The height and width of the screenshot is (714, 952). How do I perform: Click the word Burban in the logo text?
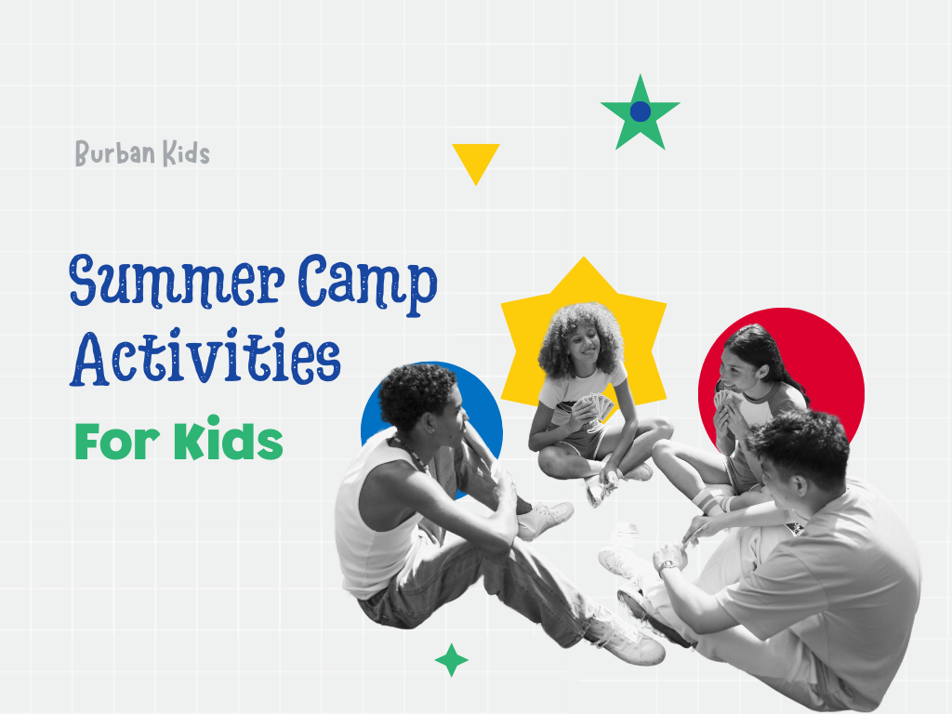click(x=114, y=152)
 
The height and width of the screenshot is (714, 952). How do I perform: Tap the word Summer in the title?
click(x=177, y=281)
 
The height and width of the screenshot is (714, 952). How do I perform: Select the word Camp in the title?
click(x=368, y=284)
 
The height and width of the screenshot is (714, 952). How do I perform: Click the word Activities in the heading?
click(x=205, y=358)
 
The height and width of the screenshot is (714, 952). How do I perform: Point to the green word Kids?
click(x=229, y=438)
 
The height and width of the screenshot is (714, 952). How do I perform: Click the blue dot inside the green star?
click(x=640, y=112)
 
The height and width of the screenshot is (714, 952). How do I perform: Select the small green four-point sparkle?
click(x=451, y=660)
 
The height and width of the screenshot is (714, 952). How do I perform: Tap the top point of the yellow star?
click(x=584, y=258)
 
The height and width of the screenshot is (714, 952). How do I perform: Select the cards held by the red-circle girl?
click(x=724, y=399)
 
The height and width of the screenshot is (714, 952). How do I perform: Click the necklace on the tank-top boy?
click(x=412, y=452)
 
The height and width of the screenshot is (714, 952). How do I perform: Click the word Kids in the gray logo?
click(x=186, y=153)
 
